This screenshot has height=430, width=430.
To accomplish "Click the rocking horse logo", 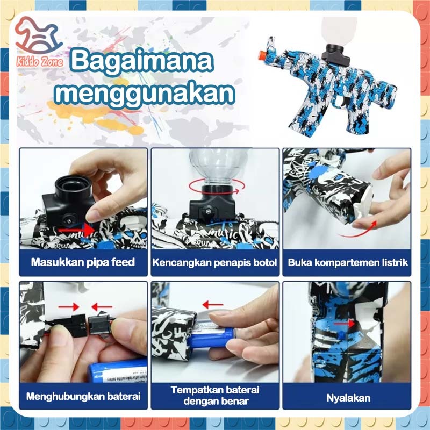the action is [x=38, y=35].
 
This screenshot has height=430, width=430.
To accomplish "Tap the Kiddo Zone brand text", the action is [x=40, y=62].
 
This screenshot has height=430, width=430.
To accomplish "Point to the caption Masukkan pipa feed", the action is [x=83, y=262].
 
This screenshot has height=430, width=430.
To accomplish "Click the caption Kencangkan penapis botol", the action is [x=214, y=262].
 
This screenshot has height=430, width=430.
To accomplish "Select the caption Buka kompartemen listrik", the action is [x=347, y=262].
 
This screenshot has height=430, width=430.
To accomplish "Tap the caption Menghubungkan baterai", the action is [x=83, y=396].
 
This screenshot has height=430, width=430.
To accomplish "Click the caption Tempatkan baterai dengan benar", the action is [x=216, y=396].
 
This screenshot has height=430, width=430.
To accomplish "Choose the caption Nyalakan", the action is [x=348, y=398].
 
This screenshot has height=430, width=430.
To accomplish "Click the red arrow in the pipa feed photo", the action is [x=76, y=230].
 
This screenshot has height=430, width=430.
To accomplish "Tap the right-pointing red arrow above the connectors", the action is [x=69, y=306].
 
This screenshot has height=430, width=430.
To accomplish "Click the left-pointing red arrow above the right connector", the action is [x=102, y=306].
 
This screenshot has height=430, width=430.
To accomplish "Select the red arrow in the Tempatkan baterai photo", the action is [x=213, y=304].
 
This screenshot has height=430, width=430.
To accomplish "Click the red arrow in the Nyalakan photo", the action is [x=345, y=324].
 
